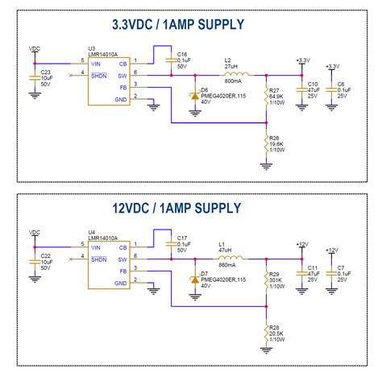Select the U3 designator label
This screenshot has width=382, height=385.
92,48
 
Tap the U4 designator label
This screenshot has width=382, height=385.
92,232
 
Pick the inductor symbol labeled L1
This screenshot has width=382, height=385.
228,259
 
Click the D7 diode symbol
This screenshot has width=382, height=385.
194,279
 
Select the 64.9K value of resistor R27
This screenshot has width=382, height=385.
278,96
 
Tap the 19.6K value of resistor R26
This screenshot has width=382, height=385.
278,143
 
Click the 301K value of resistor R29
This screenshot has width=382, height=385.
276,280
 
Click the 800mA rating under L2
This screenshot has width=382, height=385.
232,82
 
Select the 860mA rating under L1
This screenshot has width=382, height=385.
228,266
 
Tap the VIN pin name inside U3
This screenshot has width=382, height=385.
97,63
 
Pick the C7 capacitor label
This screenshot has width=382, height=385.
341,267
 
